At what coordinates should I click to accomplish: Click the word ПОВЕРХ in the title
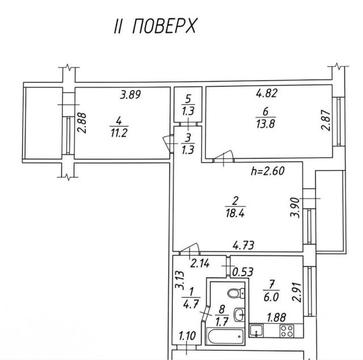[164, 26]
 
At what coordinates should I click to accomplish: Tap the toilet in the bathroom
[236, 293]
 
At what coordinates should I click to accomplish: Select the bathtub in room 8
[226, 336]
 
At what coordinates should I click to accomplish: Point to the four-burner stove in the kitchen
[287, 331]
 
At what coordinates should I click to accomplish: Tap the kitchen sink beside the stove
[256, 331]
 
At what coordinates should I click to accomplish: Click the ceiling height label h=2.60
[268, 171]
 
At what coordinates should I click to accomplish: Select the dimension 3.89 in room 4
[130, 95]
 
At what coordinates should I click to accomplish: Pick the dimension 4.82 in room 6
[267, 93]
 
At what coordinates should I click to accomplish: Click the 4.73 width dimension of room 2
[243, 245]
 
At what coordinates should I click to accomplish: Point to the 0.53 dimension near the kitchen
[243, 272]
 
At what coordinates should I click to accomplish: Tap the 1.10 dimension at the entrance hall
[187, 336]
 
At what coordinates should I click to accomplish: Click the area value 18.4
[235, 213]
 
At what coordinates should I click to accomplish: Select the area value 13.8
[265, 124]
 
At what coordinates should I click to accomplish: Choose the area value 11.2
[119, 133]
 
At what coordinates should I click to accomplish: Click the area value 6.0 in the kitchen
[271, 297]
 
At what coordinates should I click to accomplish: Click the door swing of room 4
[167, 144]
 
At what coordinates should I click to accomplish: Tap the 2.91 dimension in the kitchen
[297, 292]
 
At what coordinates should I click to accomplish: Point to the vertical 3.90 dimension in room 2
[295, 207]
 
